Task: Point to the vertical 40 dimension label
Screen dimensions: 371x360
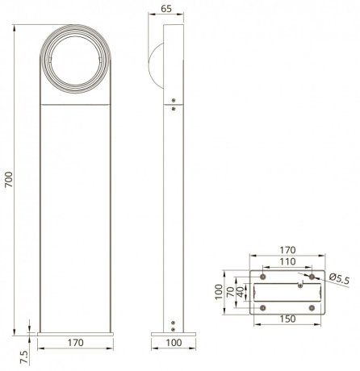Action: pyautogui.click(x=239, y=289)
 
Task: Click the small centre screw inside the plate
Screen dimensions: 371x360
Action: pyautogui.click(x=300, y=284)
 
